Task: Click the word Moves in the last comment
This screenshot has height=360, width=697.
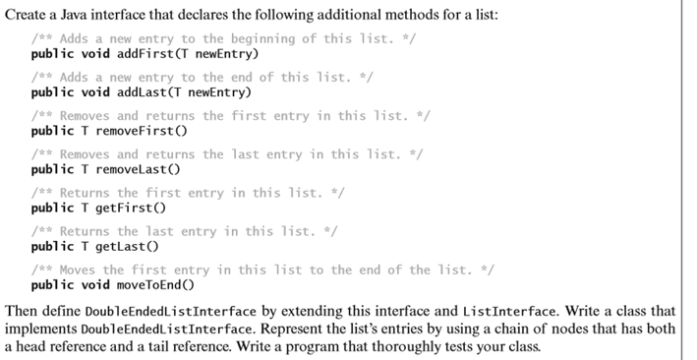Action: (x=79, y=270)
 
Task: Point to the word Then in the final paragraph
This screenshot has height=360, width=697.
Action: (x=22, y=311)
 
